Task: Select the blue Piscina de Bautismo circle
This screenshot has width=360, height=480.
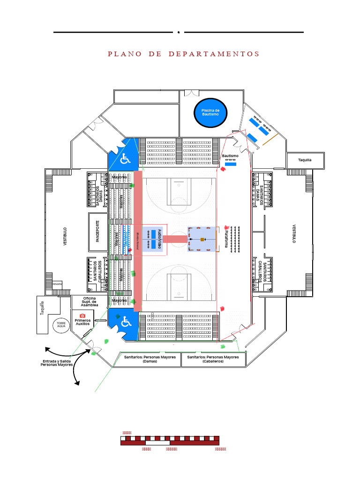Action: tap(210, 112)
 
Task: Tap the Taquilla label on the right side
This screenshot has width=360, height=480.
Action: tap(305, 160)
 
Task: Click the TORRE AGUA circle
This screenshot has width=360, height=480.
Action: tap(61, 324)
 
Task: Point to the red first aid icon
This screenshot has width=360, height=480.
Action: tap(83, 315)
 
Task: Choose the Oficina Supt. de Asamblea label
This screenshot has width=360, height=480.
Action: tap(89, 302)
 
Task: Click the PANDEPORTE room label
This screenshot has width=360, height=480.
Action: tap(98, 231)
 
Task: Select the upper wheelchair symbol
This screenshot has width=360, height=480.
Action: tap(125, 159)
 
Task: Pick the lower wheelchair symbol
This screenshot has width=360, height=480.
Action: tap(125, 322)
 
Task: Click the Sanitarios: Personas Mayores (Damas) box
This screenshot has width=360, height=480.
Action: tap(150, 359)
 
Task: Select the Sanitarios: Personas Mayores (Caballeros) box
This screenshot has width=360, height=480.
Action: tap(213, 359)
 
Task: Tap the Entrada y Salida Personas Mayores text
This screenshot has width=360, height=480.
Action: tap(56, 363)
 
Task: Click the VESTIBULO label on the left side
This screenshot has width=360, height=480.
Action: tap(65, 238)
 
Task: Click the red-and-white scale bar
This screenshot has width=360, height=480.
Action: tap(170, 440)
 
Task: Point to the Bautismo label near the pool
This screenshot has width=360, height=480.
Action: tap(230, 156)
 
